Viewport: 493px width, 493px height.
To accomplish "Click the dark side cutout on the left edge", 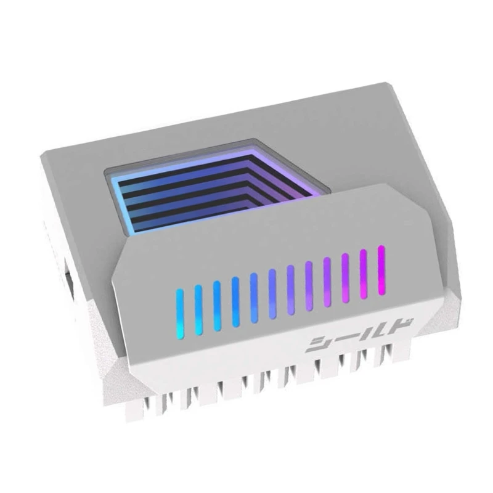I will pos(67,274).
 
